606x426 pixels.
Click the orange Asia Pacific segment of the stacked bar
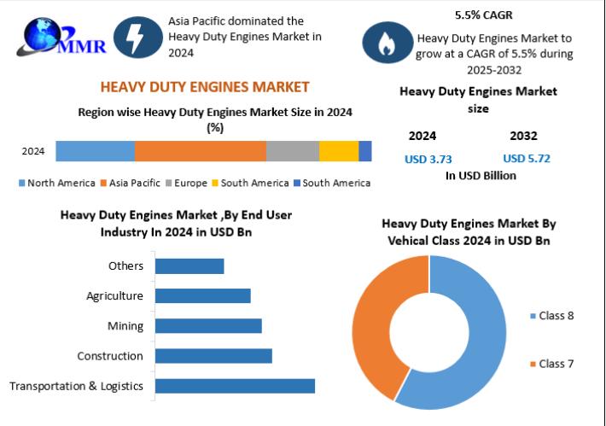point(200,151)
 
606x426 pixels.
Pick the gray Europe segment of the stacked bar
point(292,151)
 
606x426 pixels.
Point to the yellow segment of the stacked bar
point(338,151)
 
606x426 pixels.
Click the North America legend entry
point(58,183)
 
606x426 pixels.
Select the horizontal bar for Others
point(189,266)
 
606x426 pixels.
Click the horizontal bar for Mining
point(208,326)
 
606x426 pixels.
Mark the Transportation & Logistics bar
point(235,386)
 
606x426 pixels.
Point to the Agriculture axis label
point(114,296)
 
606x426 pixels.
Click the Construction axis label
point(110,356)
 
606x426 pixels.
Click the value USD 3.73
point(428,159)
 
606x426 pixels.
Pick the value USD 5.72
point(527,159)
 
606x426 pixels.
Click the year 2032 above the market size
point(523,136)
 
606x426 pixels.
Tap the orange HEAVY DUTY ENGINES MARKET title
point(205,87)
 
